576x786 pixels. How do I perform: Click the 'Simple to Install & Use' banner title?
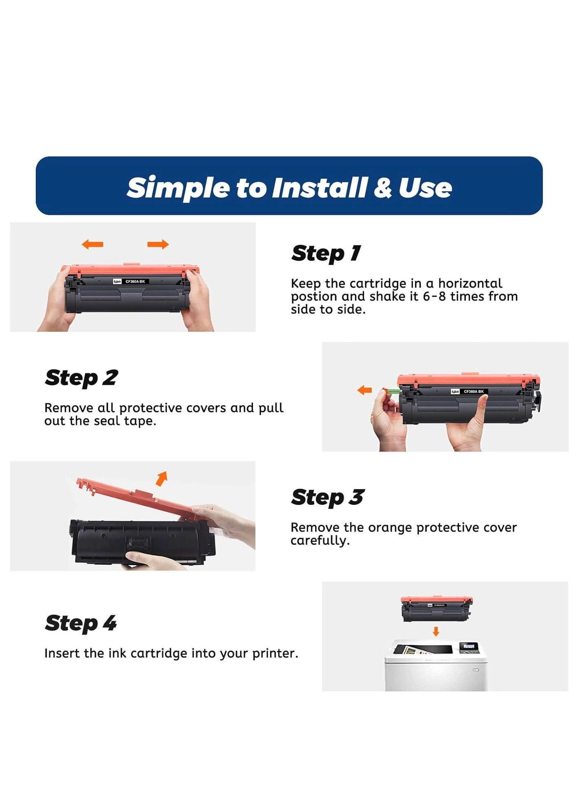coord(289,188)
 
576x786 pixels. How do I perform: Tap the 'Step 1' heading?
coord(326,253)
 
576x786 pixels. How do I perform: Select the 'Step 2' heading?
coord(81,378)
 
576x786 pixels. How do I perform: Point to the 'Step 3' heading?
coord(327,497)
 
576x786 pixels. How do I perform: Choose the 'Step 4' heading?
coord(81,623)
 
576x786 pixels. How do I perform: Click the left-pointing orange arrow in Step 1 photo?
coord(93,245)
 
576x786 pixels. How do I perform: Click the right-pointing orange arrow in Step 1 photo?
coord(158,245)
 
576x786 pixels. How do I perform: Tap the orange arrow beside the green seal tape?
coord(365,390)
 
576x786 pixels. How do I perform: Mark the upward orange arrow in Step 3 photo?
coord(162,478)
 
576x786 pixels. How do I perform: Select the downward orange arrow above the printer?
coord(436,631)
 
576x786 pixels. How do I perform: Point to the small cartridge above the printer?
coord(437,609)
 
